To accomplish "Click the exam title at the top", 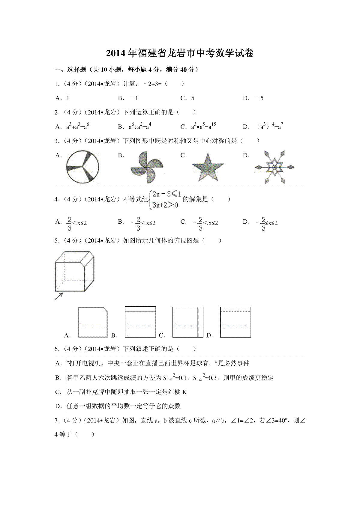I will coord(180,53).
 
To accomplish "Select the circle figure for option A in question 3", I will coord(82,167).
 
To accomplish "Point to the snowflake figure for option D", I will coord(274,167).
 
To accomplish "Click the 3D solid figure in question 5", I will coord(75,271).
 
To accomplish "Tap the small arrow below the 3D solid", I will coord(59,296).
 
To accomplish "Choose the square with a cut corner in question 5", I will coord(93,322).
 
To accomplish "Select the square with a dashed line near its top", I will coord(235,322).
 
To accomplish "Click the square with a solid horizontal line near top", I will coord(140,322).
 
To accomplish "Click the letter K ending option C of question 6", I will coord(184,392).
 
